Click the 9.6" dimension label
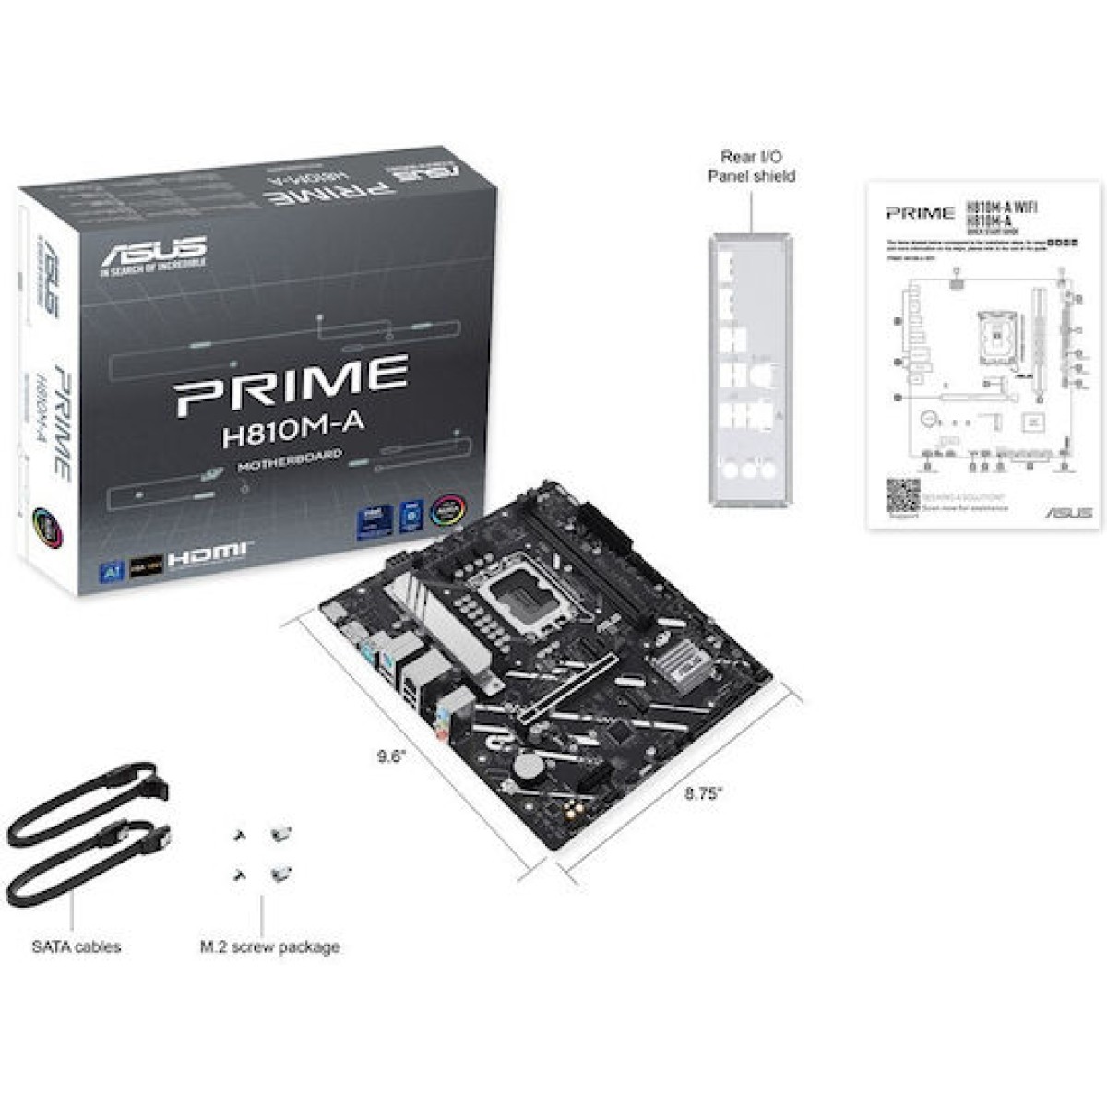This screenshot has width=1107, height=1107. point(391,757)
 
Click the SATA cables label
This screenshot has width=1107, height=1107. point(76,946)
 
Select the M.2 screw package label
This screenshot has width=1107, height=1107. point(269,946)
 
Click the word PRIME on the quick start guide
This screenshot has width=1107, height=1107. point(920,213)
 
